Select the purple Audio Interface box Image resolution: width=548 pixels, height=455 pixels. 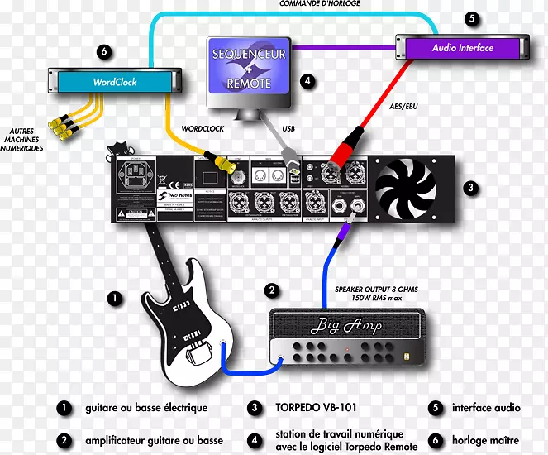pos(462,47)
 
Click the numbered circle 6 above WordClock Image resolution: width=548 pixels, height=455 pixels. pos(102,51)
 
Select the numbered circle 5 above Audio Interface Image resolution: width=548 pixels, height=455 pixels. pos(471,17)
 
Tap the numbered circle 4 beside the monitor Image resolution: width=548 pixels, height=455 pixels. pos(307,81)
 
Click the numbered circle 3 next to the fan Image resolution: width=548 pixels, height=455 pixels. pos(470,189)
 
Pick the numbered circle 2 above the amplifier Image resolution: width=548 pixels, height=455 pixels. pos(271,290)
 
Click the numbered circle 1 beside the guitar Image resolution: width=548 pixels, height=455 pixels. pos(112,295)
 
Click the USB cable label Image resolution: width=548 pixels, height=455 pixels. pos(288,128)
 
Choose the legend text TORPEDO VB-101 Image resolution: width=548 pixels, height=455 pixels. pos(312,408)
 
